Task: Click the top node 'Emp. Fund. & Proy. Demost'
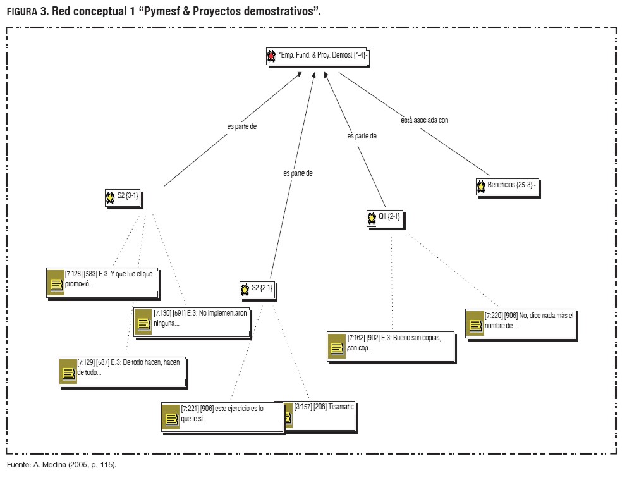[x=318, y=56]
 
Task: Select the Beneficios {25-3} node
[x=508, y=187]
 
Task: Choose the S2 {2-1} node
[x=258, y=290]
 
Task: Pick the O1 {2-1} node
[x=384, y=219]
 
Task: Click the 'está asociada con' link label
[x=424, y=120]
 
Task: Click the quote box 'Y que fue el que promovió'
[x=102, y=283]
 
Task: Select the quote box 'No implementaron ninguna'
[x=192, y=322]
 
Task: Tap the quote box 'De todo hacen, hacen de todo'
[x=122, y=371]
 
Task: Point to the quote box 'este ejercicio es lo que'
[x=222, y=417]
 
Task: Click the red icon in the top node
[x=272, y=57]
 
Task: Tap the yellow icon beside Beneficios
[x=480, y=187]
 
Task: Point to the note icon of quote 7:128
[x=56, y=284]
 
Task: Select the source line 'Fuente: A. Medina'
[x=61, y=465]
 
